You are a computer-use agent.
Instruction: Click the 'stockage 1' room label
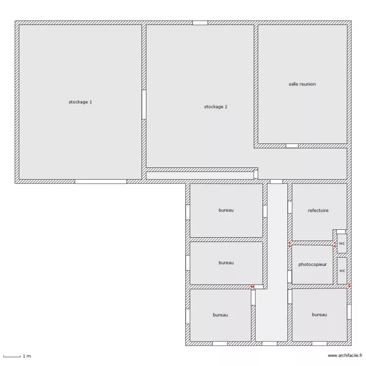(80, 102)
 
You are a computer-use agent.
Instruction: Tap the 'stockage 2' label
(216, 106)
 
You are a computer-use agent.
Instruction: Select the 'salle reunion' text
(302, 84)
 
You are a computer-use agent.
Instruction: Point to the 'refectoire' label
(318, 211)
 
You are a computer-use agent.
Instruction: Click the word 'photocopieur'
(312, 264)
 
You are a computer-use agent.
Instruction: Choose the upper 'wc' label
(342, 243)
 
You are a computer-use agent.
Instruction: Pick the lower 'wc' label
(342, 270)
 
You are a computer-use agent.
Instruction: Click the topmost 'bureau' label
(226, 210)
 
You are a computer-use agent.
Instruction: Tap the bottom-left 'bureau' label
(220, 315)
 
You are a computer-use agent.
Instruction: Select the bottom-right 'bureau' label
(319, 315)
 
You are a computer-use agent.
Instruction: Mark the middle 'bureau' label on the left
(226, 263)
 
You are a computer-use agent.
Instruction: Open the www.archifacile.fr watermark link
(345, 356)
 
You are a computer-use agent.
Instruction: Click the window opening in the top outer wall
(200, 22)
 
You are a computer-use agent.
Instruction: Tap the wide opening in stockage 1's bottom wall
(101, 181)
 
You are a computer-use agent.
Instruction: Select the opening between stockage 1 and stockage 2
(144, 104)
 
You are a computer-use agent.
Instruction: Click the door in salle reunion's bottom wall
(292, 146)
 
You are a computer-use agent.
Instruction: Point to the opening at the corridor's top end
(276, 182)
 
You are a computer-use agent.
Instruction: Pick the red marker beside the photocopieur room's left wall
(289, 245)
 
